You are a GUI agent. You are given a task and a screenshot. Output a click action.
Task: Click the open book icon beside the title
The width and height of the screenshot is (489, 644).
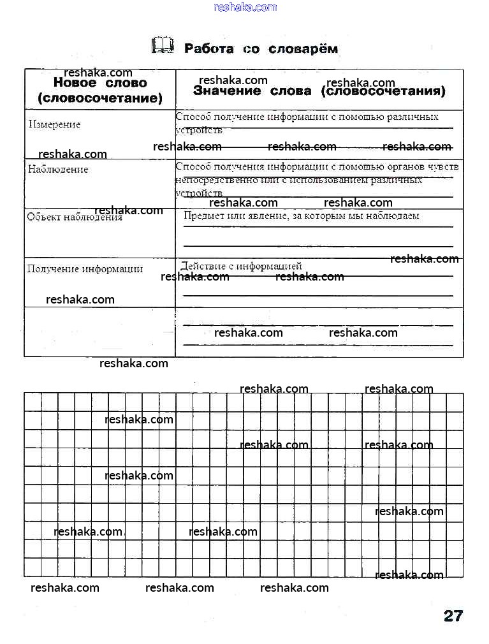(x=163, y=45)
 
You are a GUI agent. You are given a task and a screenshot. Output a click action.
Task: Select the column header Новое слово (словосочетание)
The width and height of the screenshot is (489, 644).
(x=100, y=91)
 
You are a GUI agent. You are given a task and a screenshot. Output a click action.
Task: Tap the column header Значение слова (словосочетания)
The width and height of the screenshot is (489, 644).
(x=319, y=91)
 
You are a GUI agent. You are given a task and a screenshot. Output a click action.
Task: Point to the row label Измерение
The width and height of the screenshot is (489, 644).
(x=55, y=124)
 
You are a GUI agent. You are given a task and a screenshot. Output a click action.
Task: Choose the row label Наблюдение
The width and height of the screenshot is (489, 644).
(x=58, y=170)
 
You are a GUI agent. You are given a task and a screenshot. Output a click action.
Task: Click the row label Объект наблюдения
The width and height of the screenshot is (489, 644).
(x=75, y=217)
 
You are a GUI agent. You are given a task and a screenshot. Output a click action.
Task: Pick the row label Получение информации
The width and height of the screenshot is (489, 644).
(x=85, y=269)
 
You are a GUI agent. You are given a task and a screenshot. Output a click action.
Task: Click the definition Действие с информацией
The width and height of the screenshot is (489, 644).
(x=242, y=266)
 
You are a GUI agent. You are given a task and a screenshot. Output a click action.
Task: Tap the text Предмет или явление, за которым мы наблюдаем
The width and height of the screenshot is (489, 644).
(x=302, y=216)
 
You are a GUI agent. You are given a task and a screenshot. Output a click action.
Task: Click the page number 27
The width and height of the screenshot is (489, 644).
(x=453, y=616)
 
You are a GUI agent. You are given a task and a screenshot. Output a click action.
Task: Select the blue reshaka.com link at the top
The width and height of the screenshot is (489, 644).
(x=245, y=7)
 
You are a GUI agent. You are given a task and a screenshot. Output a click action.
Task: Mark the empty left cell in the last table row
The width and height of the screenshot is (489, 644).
(x=99, y=332)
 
